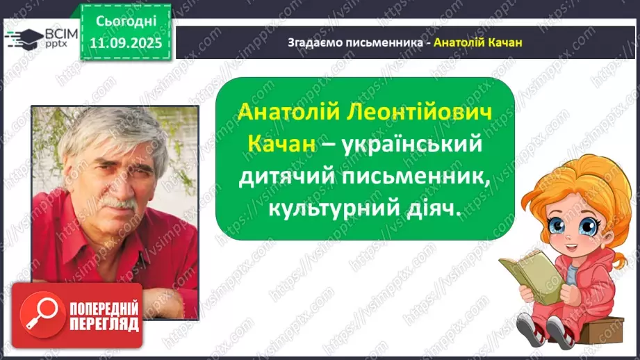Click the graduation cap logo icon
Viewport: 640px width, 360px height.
click(23, 38)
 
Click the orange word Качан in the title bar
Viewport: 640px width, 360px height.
click(505, 42)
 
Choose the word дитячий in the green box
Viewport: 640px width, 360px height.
click(287, 178)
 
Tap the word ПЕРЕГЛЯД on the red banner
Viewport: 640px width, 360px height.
click(104, 325)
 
